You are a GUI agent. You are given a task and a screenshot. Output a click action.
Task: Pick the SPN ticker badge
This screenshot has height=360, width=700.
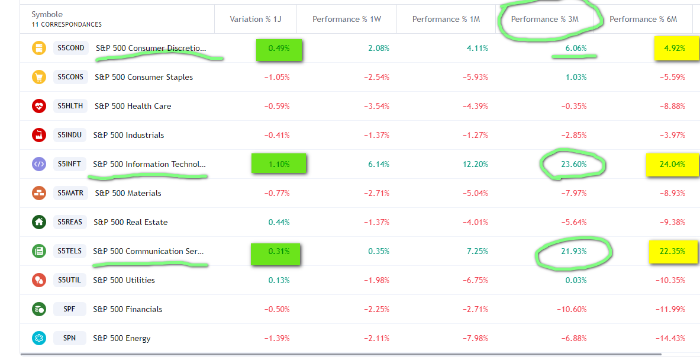tap(69, 338)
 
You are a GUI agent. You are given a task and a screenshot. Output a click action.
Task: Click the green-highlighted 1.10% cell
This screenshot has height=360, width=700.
tap(279, 164)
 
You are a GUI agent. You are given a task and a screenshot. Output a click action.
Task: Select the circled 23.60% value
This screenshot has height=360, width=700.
tap(573, 164)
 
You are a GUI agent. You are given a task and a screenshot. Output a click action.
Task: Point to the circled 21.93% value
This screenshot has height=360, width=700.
tap(573, 251)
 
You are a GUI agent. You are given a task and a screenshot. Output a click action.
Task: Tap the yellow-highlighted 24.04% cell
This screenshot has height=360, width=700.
tap(672, 164)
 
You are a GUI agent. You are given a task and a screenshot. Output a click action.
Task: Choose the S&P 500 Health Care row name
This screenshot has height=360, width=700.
tap(132, 106)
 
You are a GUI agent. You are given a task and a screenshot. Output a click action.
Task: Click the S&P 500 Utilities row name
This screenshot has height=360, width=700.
tap(124, 280)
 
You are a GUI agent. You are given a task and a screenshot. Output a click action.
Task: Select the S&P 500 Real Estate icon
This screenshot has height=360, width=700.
tap(39, 222)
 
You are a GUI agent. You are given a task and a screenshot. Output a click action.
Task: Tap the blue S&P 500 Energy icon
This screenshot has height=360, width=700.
tap(39, 338)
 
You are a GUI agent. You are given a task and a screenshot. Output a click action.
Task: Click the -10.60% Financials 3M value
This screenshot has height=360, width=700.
tap(572, 309)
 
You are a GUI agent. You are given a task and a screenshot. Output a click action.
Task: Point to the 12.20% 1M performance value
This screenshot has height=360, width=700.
tap(475, 164)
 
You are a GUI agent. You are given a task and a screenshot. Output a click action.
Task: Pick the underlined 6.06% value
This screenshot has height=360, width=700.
tap(575, 48)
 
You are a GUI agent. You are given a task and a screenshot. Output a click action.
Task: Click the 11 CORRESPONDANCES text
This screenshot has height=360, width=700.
tap(66, 25)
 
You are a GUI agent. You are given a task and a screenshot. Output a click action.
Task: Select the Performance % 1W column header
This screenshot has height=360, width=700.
tap(346, 19)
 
